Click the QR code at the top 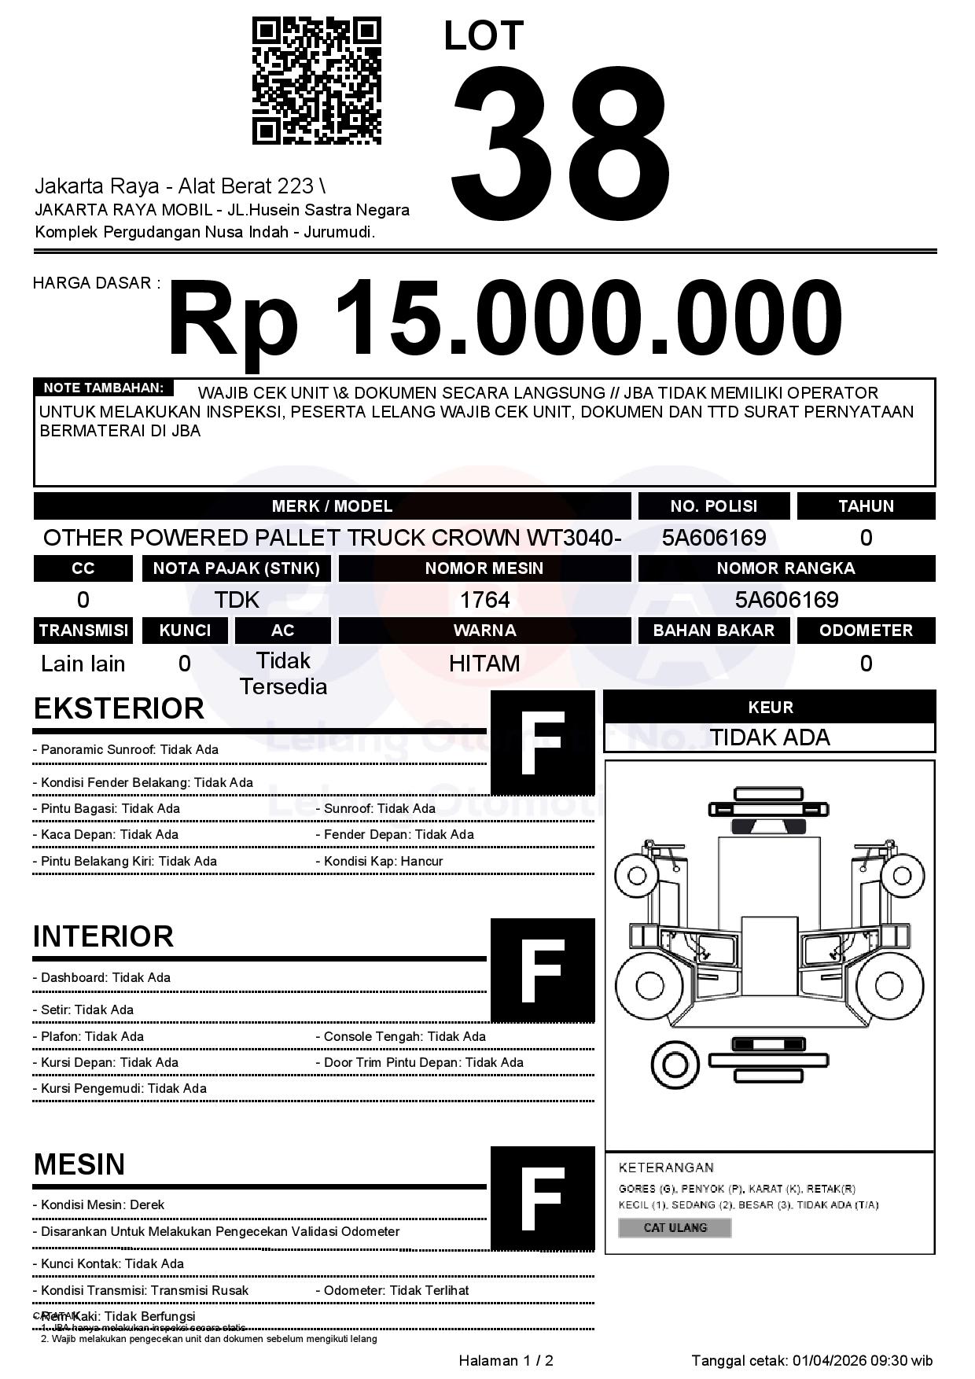(316, 82)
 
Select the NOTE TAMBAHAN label (103, 388)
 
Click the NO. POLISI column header (713, 506)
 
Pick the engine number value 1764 (484, 600)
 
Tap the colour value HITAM (484, 664)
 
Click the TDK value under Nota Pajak (237, 600)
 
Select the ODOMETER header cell (866, 631)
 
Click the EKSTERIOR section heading (119, 708)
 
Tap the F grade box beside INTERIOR (543, 970)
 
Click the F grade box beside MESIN (543, 1198)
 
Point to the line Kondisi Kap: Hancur (383, 861)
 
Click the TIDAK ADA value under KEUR (770, 737)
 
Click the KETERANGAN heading (666, 1168)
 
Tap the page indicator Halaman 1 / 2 (506, 1361)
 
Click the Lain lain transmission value (83, 664)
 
